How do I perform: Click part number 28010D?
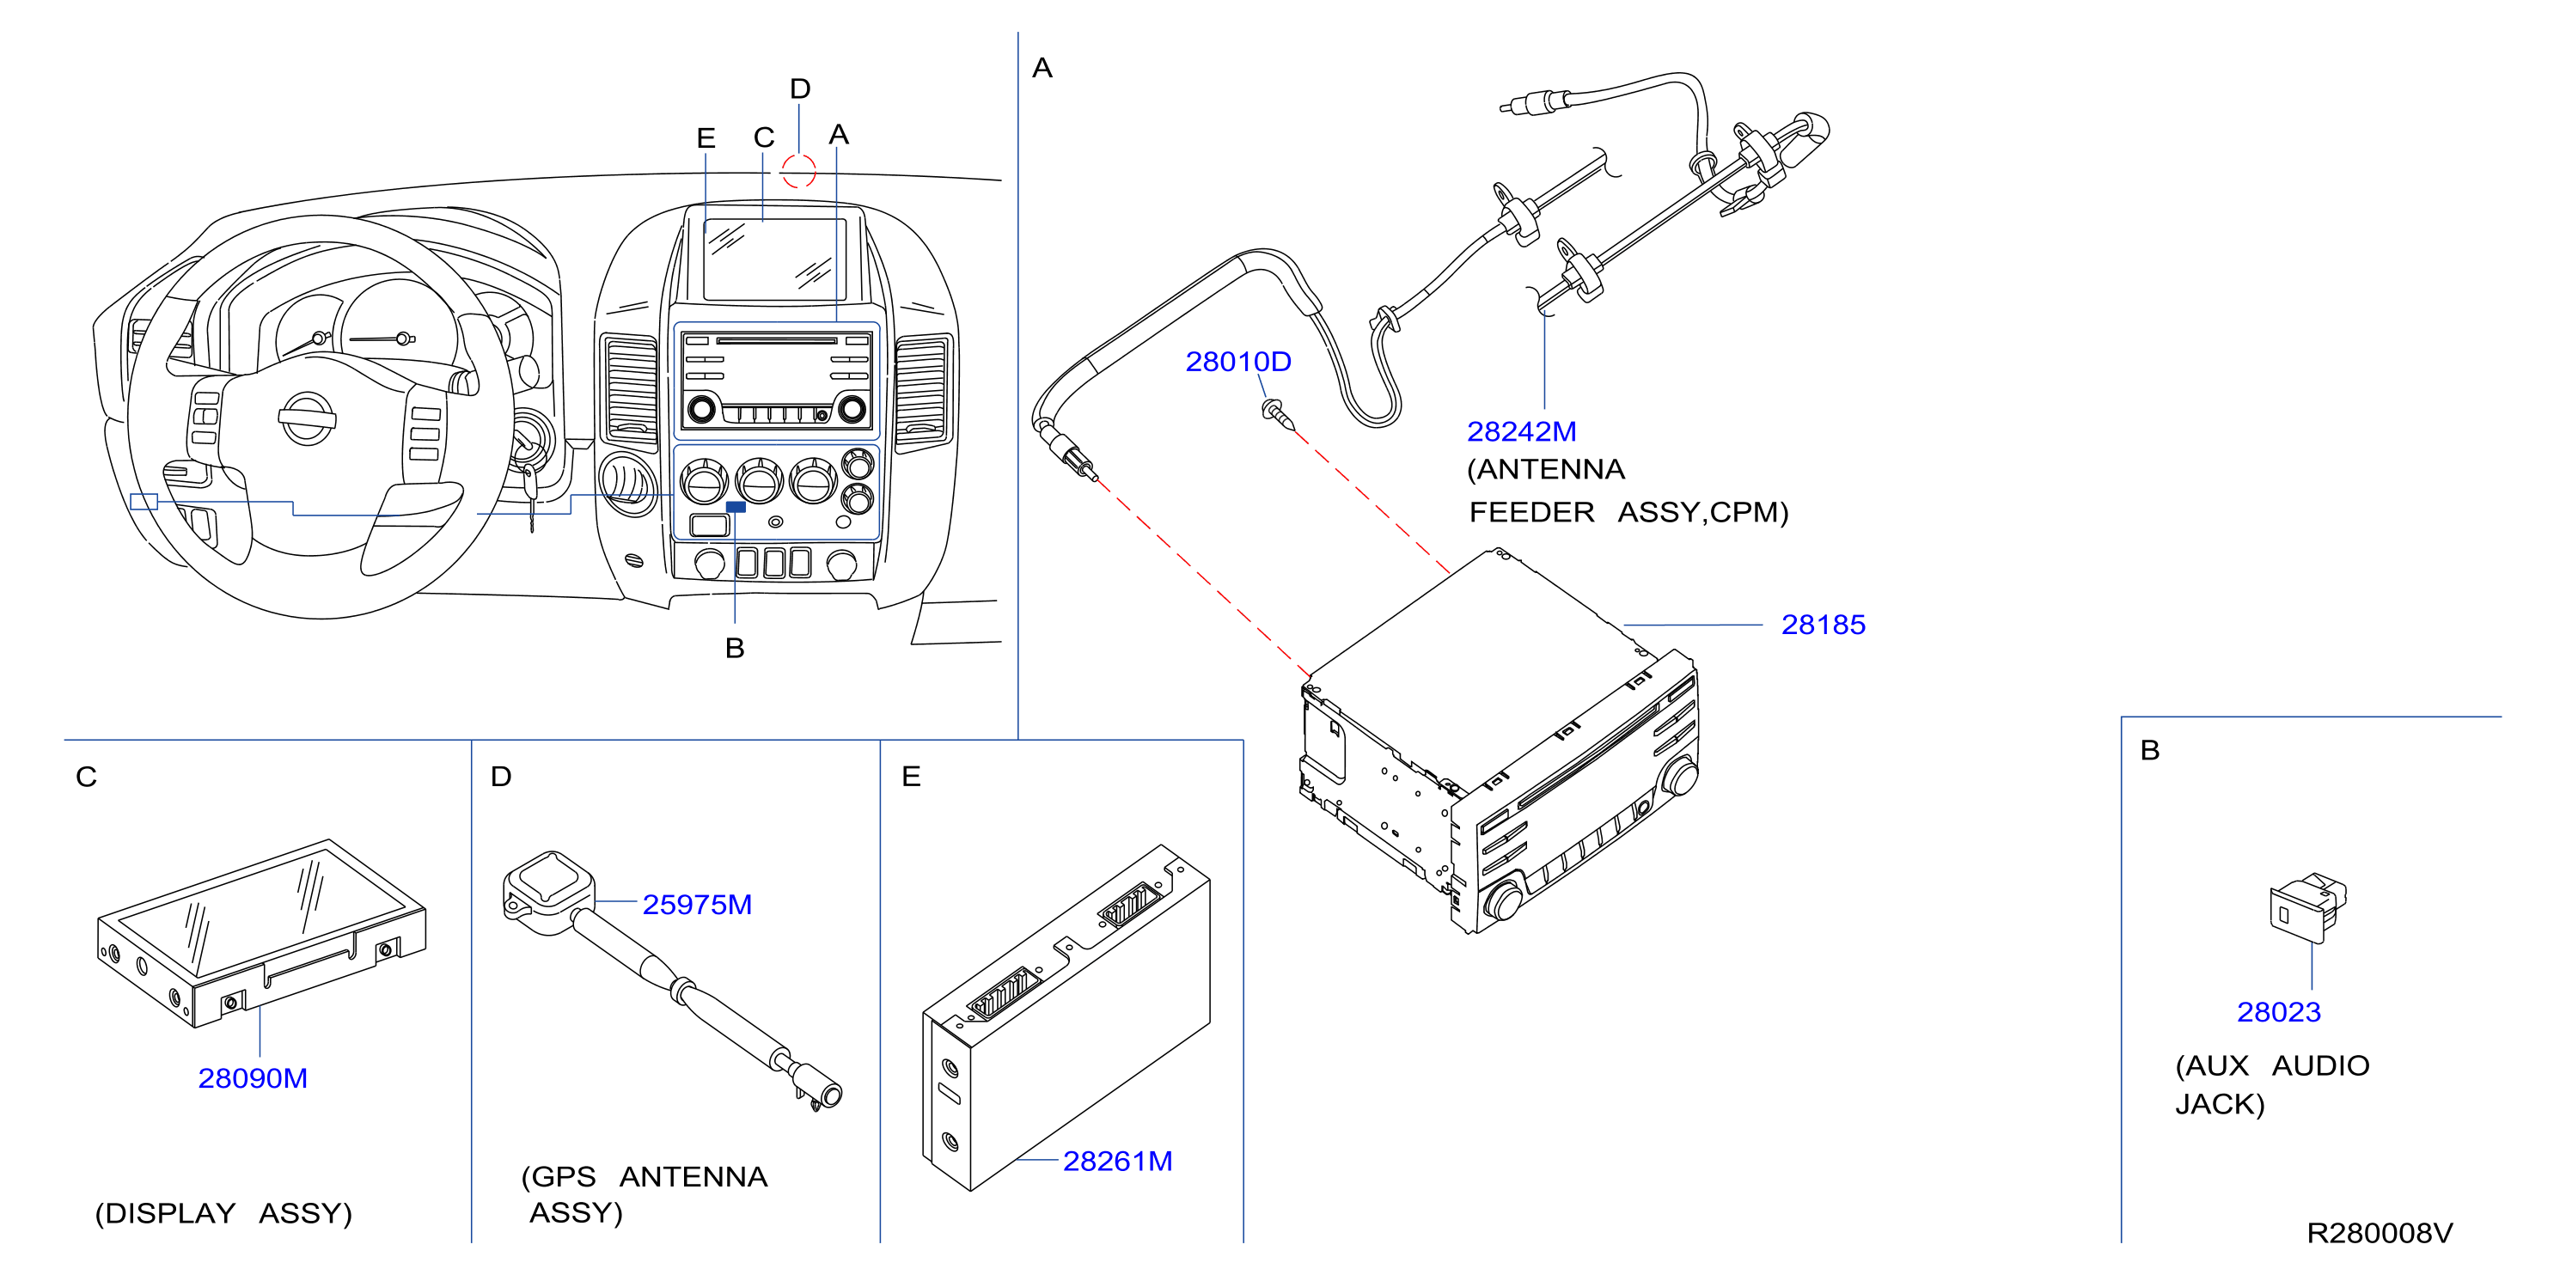(1237, 362)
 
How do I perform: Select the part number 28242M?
(1521, 431)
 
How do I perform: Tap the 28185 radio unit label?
(1823, 625)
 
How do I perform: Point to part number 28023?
(2279, 1012)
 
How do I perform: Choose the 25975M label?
(697, 905)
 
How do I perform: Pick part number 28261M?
(1118, 1161)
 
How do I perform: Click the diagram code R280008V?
(2380, 1233)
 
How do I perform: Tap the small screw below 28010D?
(1278, 413)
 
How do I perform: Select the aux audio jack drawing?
(2308, 906)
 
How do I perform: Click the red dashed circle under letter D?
(797, 170)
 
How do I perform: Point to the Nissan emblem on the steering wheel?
(307, 418)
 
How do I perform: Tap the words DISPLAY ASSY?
(223, 1213)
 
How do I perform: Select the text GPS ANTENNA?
(645, 1176)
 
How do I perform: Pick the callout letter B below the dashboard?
(735, 649)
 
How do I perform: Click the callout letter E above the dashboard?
(706, 137)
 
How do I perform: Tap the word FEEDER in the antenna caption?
(1531, 512)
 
